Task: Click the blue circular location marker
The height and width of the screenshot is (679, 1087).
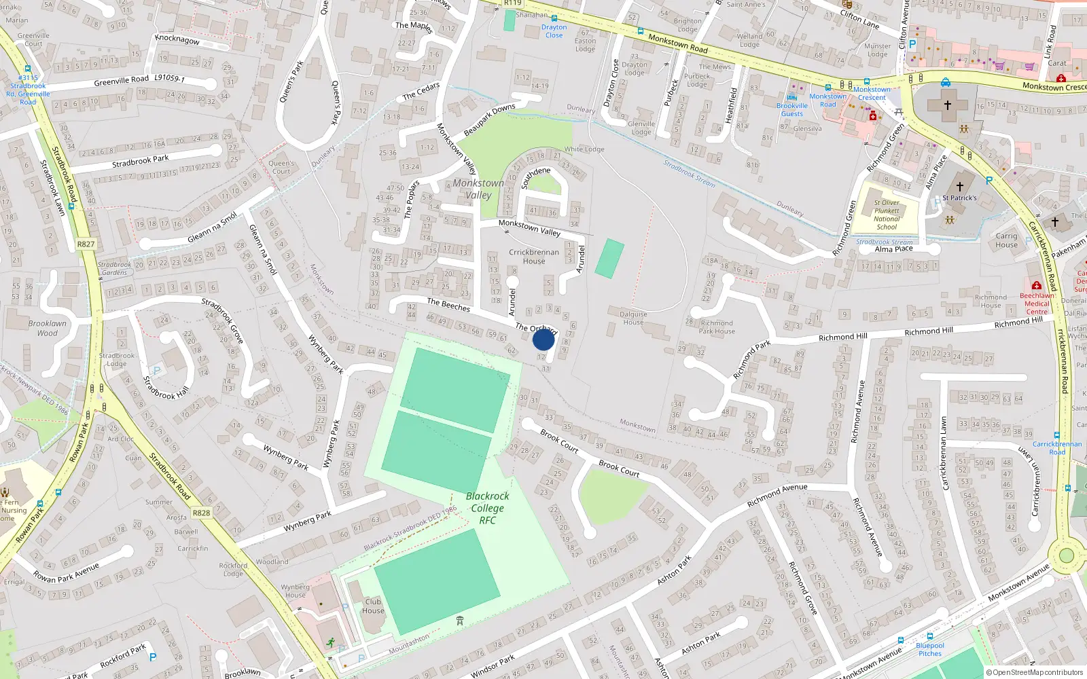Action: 543,339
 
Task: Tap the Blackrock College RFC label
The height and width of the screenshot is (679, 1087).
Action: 487,508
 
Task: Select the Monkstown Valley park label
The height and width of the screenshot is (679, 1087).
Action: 478,189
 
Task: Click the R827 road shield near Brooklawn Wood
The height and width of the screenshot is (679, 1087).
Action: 86,244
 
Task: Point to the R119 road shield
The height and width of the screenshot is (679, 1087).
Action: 512,3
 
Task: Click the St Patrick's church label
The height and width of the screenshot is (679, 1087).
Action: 959,198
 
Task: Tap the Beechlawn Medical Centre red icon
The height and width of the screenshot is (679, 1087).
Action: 1036,285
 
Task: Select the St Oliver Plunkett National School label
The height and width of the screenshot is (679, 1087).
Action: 886,215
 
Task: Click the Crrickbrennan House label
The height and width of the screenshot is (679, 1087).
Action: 534,257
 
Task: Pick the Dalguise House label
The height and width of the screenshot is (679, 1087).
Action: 633,318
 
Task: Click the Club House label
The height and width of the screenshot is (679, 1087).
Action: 373,606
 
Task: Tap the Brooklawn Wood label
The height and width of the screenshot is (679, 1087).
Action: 48,328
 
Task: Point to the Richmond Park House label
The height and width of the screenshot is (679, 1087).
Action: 717,327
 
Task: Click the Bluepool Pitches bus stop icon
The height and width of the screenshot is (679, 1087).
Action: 900,640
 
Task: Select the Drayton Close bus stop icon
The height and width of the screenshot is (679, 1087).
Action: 554,18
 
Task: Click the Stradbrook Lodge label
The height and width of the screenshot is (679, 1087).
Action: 116,359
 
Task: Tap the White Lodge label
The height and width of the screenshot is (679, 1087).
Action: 584,149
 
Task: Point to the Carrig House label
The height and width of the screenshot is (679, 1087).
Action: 1006,240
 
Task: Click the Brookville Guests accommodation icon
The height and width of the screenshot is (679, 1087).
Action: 792,96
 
